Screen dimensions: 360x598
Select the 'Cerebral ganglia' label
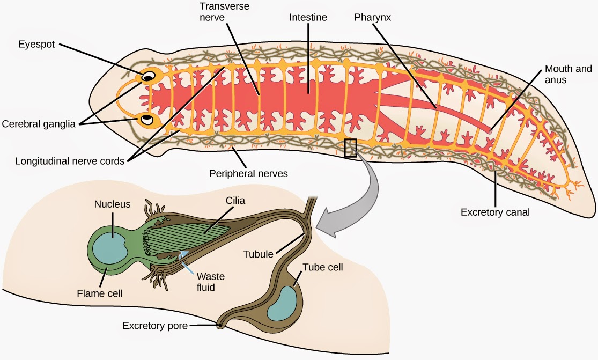pyautogui.click(x=40, y=124)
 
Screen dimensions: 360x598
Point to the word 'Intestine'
pyautogui.click(x=307, y=18)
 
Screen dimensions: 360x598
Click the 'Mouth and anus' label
pyautogui.click(x=568, y=75)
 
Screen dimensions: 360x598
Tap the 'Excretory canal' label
pyautogui.click(x=495, y=212)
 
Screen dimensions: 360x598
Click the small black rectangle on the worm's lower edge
pyautogui.click(x=350, y=148)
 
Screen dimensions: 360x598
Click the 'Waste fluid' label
pyautogui.click(x=210, y=282)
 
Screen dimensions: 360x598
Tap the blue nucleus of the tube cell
pyautogui.click(x=282, y=303)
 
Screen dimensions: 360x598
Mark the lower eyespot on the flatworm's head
pyautogui.click(x=146, y=119)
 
